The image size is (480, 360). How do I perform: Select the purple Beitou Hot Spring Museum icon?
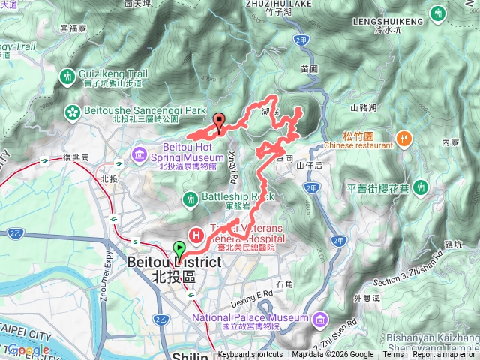click(x=139, y=154)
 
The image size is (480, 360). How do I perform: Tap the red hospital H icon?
click(x=197, y=235)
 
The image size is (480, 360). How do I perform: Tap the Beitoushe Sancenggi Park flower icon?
click(x=73, y=111)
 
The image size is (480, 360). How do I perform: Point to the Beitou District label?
click(x=174, y=262)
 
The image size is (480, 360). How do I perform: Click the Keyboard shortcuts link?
click(x=250, y=355)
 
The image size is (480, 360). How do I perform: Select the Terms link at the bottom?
click(x=392, y=355)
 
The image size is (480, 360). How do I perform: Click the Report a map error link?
click(x=445, y=355)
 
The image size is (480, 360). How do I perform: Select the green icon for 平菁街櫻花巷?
click(x=421, y=185)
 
